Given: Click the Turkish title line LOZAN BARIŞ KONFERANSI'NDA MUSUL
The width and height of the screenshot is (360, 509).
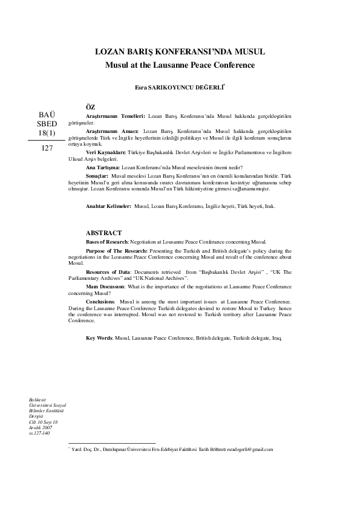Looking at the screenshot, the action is pos(180,53).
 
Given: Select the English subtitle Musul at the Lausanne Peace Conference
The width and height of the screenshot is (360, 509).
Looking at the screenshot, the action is pos(180,65).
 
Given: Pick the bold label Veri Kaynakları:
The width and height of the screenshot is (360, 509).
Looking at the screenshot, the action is pos(105,153).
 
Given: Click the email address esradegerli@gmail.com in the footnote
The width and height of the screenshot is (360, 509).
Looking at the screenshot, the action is pos(248,449).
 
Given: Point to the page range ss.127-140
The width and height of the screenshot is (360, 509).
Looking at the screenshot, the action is pos(41,433).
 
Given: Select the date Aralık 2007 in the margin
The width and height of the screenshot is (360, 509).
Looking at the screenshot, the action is pos(41,428).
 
